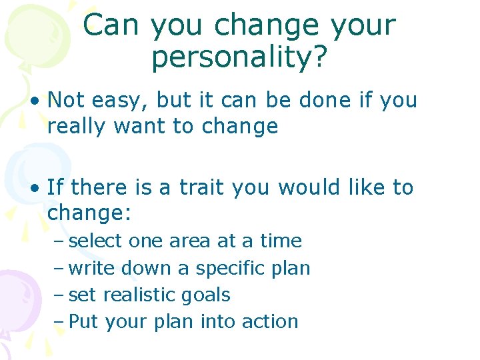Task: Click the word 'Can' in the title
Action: (111, 25)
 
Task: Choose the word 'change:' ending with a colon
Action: (91, 213)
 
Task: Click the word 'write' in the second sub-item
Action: (92, 268)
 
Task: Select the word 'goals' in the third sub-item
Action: (207, 295)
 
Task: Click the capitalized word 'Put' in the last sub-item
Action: (83, 321)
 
